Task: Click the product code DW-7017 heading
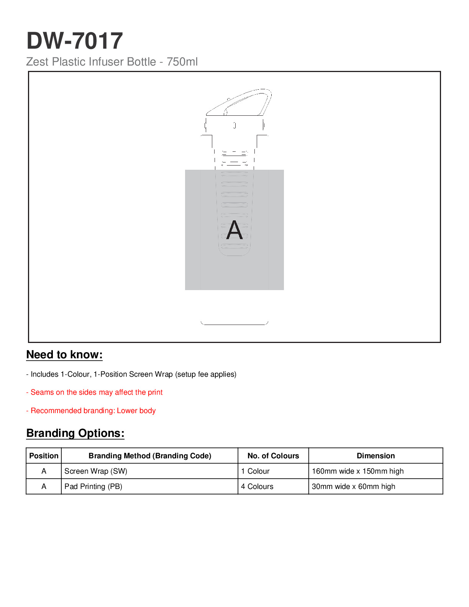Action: (x=75, y=41)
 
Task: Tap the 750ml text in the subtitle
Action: (x=182, y=62)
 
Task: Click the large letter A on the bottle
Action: (x=235, y=230)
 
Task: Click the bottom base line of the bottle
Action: (x=235, y=324)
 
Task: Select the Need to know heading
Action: (x=64, y=355)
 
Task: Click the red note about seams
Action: (x=94, y=392)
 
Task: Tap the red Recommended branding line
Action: (x=91, y=411)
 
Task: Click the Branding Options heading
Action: (x=75, y=433)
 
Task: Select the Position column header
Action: (x=44, y=456)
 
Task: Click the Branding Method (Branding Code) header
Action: (x=150, y=456)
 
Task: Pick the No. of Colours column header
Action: (x=273, y=456)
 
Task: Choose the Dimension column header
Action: (x=376, y=456)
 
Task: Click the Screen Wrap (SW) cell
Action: (x=96, y=471)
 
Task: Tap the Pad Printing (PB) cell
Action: (x=93, y=487)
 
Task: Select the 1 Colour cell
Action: (x=255, y=471)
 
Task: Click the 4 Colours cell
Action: (x=257, y=487)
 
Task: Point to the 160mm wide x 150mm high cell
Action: (x=357, y=471)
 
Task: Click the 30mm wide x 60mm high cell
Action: (x=353, y=487)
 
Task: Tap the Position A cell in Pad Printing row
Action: (x=44, y=487)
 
